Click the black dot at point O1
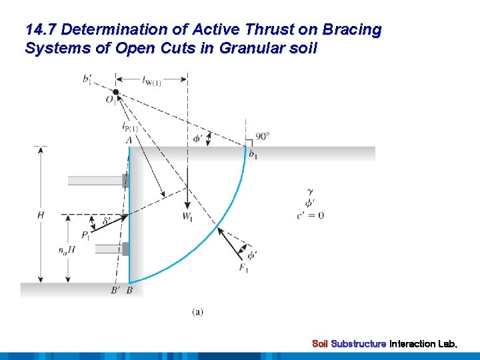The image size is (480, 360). tap(116, 91)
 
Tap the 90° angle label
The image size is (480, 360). tap(262, 136)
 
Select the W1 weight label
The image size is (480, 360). tap(188, 216)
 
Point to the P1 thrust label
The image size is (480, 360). tap(86, 235)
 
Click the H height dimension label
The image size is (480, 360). tap(41, 215)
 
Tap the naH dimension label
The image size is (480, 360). tap(67, 251)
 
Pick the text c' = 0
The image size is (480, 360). tap(311, 215)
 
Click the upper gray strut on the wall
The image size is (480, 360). tap(97, 180)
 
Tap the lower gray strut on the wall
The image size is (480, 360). tap(111, 249)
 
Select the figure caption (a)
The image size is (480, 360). tap(198, 311)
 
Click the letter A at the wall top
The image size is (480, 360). tap(128, 140)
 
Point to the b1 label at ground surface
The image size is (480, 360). tap(253, 155)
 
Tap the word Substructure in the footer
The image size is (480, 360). tap(358, 344)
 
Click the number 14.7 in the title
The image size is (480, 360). tap(41, 30)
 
